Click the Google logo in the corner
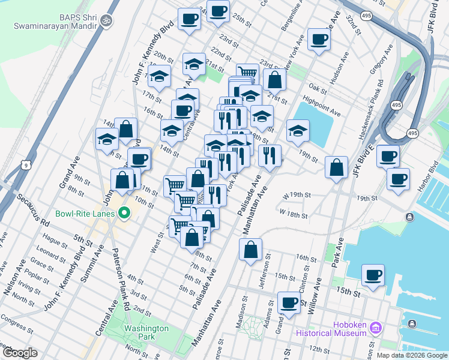pos(20,353)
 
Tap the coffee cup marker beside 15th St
pos(373,275)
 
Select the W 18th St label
pos(293,214)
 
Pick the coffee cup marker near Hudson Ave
pos(318,40)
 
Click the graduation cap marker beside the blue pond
pos(298,131)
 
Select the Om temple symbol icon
pos(107,21)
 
